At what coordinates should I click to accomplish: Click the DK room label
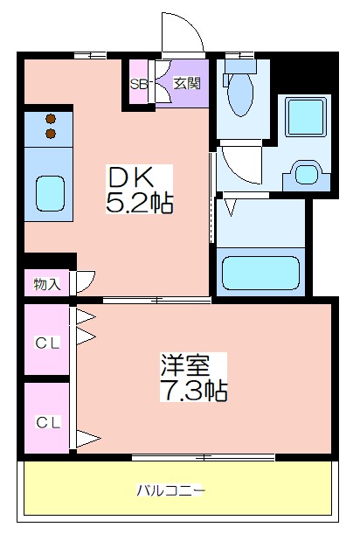(131, 177)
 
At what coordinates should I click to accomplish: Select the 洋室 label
(185, 365)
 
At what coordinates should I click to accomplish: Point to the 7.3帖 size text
(193, 390)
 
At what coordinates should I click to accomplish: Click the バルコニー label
(171, 490)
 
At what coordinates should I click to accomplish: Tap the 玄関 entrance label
(186, 83)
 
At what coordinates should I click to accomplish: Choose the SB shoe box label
(139, 85)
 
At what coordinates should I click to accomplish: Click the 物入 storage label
(47, 284)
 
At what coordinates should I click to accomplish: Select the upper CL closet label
(47, 343)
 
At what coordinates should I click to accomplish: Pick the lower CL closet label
(48, 422)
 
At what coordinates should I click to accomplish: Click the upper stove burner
(51, 119)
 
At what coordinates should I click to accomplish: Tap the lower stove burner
(51, 134)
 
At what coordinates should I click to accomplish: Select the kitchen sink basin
(51, 193)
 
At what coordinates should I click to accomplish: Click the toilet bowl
(240, 94)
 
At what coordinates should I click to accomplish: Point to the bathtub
(260, 273)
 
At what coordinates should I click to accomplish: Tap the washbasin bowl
(306, 174)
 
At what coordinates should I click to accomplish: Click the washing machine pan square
(306, 117)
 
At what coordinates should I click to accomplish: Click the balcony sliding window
(204, 457)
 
